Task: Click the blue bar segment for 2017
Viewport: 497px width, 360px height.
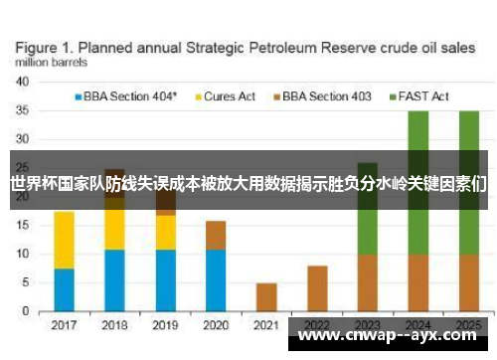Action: point(64,289)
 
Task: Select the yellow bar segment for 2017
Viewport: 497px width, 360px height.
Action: point(64,239)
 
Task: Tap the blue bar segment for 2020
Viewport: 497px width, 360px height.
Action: point(216,279)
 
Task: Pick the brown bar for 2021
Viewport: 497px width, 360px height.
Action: point(266,296)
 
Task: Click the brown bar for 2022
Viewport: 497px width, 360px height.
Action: point(317,287)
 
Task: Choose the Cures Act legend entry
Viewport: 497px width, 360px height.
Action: point(229,96)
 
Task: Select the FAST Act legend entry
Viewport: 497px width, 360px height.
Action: point(421,96)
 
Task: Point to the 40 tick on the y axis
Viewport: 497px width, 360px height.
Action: point(22,83)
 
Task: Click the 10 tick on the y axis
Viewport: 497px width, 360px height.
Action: point(22,254)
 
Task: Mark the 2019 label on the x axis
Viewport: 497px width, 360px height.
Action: point(165,324)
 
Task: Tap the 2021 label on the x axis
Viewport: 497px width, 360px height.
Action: point(266,324)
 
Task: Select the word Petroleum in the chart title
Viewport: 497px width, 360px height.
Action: point(292,47)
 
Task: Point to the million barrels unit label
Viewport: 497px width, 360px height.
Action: point(50,63)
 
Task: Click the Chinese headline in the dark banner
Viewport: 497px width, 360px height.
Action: point(248,183)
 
